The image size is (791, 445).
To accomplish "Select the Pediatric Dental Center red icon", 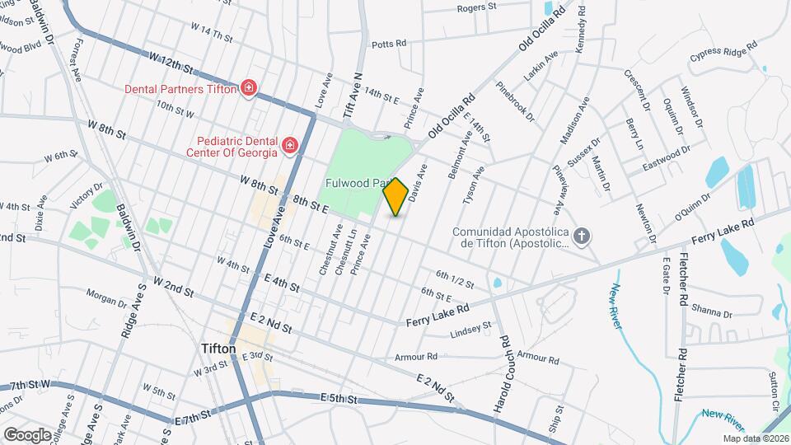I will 289,146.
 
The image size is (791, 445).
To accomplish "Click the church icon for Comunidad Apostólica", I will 583,237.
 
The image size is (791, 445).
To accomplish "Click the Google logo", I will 27,434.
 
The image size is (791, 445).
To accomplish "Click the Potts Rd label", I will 389,44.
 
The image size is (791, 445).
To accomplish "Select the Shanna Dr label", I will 712,310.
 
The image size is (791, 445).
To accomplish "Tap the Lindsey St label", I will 470,330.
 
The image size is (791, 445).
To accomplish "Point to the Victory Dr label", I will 87,194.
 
